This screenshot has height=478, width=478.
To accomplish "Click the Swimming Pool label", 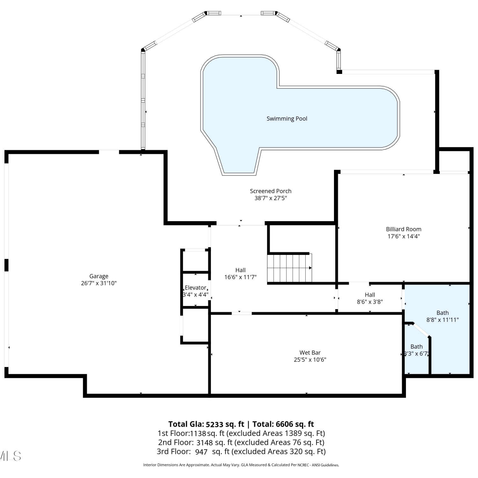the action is tap(287, 119).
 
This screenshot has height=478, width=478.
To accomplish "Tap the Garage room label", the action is tap(99, 276).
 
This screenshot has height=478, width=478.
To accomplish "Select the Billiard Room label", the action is tap(403, 229).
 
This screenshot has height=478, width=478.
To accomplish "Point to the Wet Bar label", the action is tap(310, 352).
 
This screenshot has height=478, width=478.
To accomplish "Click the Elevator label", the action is tap(195, 287).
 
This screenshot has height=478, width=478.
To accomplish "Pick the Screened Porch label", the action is tap(271, 191).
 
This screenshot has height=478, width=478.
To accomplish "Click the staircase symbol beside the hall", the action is tap(289, 268).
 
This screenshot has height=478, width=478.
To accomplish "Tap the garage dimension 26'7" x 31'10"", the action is tap(99, 283).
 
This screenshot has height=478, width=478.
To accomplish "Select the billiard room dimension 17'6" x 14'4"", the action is tap(403, 236).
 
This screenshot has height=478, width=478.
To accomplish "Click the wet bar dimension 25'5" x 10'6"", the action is tap(310, 359).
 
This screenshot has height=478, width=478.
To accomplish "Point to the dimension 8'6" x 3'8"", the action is tap(370, 301).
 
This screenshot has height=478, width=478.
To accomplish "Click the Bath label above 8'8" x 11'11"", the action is tap(442, 313).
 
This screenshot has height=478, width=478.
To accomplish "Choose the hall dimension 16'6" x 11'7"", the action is tap(240, 277).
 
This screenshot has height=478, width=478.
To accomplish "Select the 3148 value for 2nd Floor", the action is tap(205, 442).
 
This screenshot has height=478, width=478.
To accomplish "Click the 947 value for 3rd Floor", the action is tap(201, 452).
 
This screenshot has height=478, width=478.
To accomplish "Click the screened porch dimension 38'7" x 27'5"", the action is tap(271, 198).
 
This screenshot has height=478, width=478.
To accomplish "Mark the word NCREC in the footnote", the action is tap(303, 465).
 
